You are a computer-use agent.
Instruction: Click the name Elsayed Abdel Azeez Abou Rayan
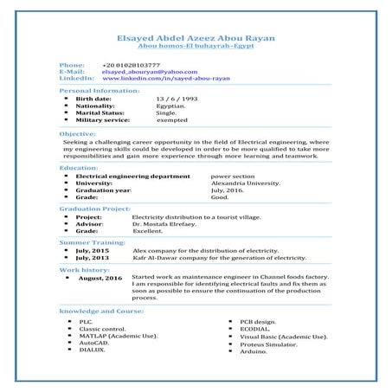196,38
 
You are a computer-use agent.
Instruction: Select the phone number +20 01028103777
131,65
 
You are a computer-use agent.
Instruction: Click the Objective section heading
77,135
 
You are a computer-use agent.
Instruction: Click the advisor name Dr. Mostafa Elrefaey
162,223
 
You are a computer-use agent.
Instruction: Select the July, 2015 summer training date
93,250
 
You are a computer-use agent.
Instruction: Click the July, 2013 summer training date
93,257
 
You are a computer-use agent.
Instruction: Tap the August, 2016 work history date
100,279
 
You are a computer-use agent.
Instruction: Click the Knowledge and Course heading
101,310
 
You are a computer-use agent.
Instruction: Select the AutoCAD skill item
93,343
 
